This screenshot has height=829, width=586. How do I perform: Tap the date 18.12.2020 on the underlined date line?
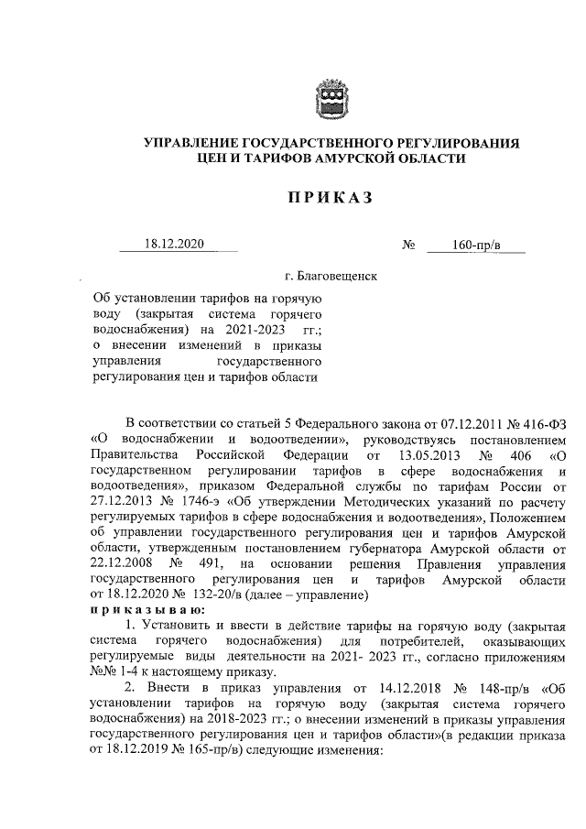174,245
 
